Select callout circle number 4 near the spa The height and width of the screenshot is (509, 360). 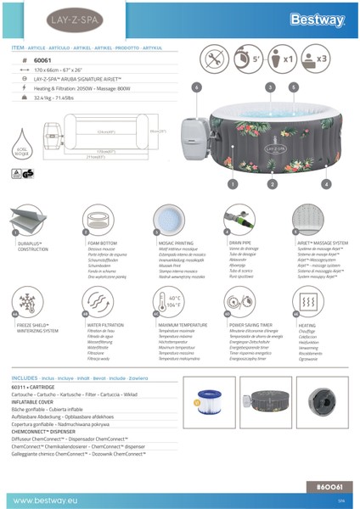click(326, 183)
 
